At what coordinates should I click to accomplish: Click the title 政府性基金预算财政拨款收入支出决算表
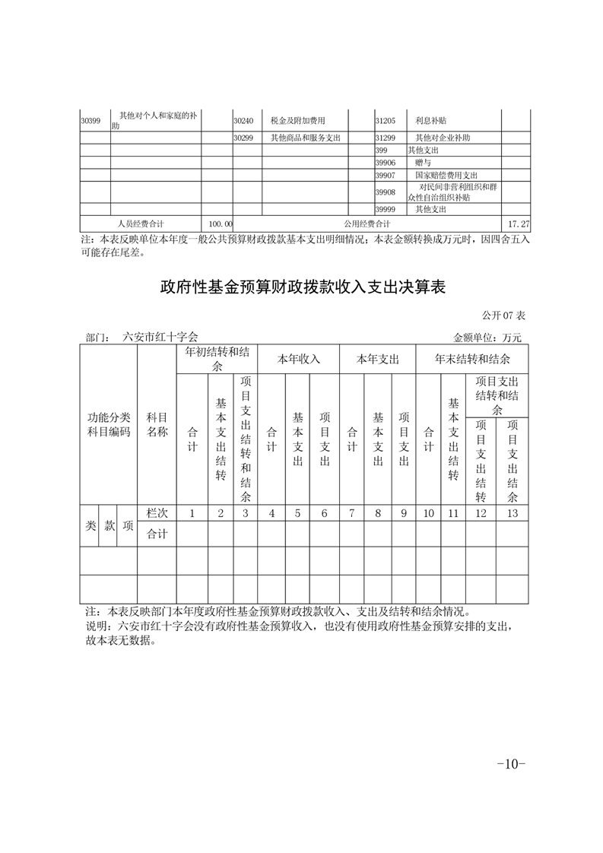click(302, 288)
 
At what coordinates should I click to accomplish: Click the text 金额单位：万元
click(487, 337)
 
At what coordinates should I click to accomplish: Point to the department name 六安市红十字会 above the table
click(160, 337)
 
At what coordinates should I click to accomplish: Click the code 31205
click(386, 120)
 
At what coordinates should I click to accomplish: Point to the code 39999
click(386, 209)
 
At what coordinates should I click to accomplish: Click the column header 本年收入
click(298, 359)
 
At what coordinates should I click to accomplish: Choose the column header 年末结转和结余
click(471, 359)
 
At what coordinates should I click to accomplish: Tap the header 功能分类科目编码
click(109, 424)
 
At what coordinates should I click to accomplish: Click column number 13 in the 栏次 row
click(513, 513)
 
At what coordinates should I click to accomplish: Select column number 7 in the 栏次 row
click(352, 513)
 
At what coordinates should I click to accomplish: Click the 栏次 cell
click(157, 513)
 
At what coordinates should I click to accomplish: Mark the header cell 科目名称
click(157, 424)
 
